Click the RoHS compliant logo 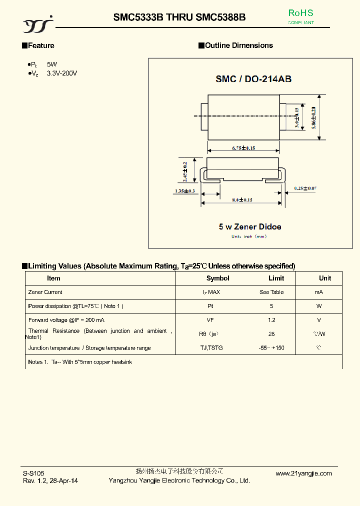tap(301, 16)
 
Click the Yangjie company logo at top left tap(38, 22)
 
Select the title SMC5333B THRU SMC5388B tap(179, 17)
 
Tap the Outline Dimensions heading tap(239, 45)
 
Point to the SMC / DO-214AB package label tap(253, 79)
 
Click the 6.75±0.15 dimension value tap(243, 148)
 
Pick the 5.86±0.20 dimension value tap(314, 118)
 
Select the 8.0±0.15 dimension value tap(242, 200)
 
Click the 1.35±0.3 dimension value tap(185, 191)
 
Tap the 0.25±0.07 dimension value tap(305, 188)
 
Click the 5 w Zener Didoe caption tap(250, 226)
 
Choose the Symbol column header tap(218, 278)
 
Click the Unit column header tap(325, 278)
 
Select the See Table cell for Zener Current tap(271, 292)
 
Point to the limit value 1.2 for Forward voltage tap(271, 320)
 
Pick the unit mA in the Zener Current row tap(319, 292)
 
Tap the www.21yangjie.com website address tap(304, 473)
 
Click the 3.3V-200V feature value tap(62, 73)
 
